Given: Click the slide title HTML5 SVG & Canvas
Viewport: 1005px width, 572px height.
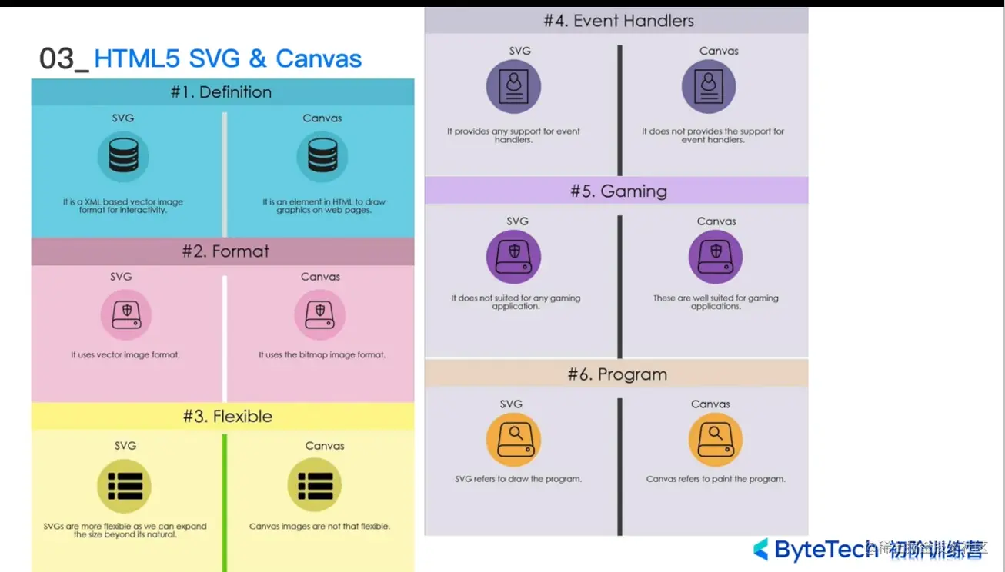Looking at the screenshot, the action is coord(228,59).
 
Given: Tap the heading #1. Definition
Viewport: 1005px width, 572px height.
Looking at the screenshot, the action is coord(221,92).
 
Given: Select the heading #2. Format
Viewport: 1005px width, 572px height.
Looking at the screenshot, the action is coord(225,251).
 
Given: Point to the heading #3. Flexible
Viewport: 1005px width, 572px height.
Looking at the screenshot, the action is coord(227,417).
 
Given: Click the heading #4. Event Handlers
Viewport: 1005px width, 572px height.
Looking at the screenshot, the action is coord(618,21).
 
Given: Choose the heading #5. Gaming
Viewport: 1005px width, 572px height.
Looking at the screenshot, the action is coord(618,191).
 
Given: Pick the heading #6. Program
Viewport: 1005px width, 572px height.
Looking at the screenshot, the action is coord(617,375).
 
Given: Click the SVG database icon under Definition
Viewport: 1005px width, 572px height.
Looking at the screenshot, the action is coord(123,156).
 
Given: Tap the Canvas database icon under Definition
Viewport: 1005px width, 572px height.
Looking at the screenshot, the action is coord(322,156).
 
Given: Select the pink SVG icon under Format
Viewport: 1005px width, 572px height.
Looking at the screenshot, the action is coord(126,314).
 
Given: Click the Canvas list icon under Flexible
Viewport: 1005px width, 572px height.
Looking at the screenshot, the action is coord(315,486).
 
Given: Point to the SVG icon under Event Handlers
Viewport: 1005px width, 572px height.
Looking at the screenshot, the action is coord(513,87).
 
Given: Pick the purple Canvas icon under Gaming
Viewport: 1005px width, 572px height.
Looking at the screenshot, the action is coord(715,257).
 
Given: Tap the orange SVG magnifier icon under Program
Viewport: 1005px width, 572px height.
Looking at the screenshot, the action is coord(513,440).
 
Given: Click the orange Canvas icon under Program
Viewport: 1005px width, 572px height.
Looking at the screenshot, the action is coord(715,440).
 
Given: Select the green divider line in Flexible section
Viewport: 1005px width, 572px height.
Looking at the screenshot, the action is coord(225,500).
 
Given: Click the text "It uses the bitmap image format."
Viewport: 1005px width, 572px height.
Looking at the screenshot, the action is coord(322,355).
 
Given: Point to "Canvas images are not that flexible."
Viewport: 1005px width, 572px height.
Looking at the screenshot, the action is coord(319,527).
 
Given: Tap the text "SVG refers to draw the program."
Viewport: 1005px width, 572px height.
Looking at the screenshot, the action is coord(518,479).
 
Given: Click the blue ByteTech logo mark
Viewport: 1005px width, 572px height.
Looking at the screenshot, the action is coord(760,549).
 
